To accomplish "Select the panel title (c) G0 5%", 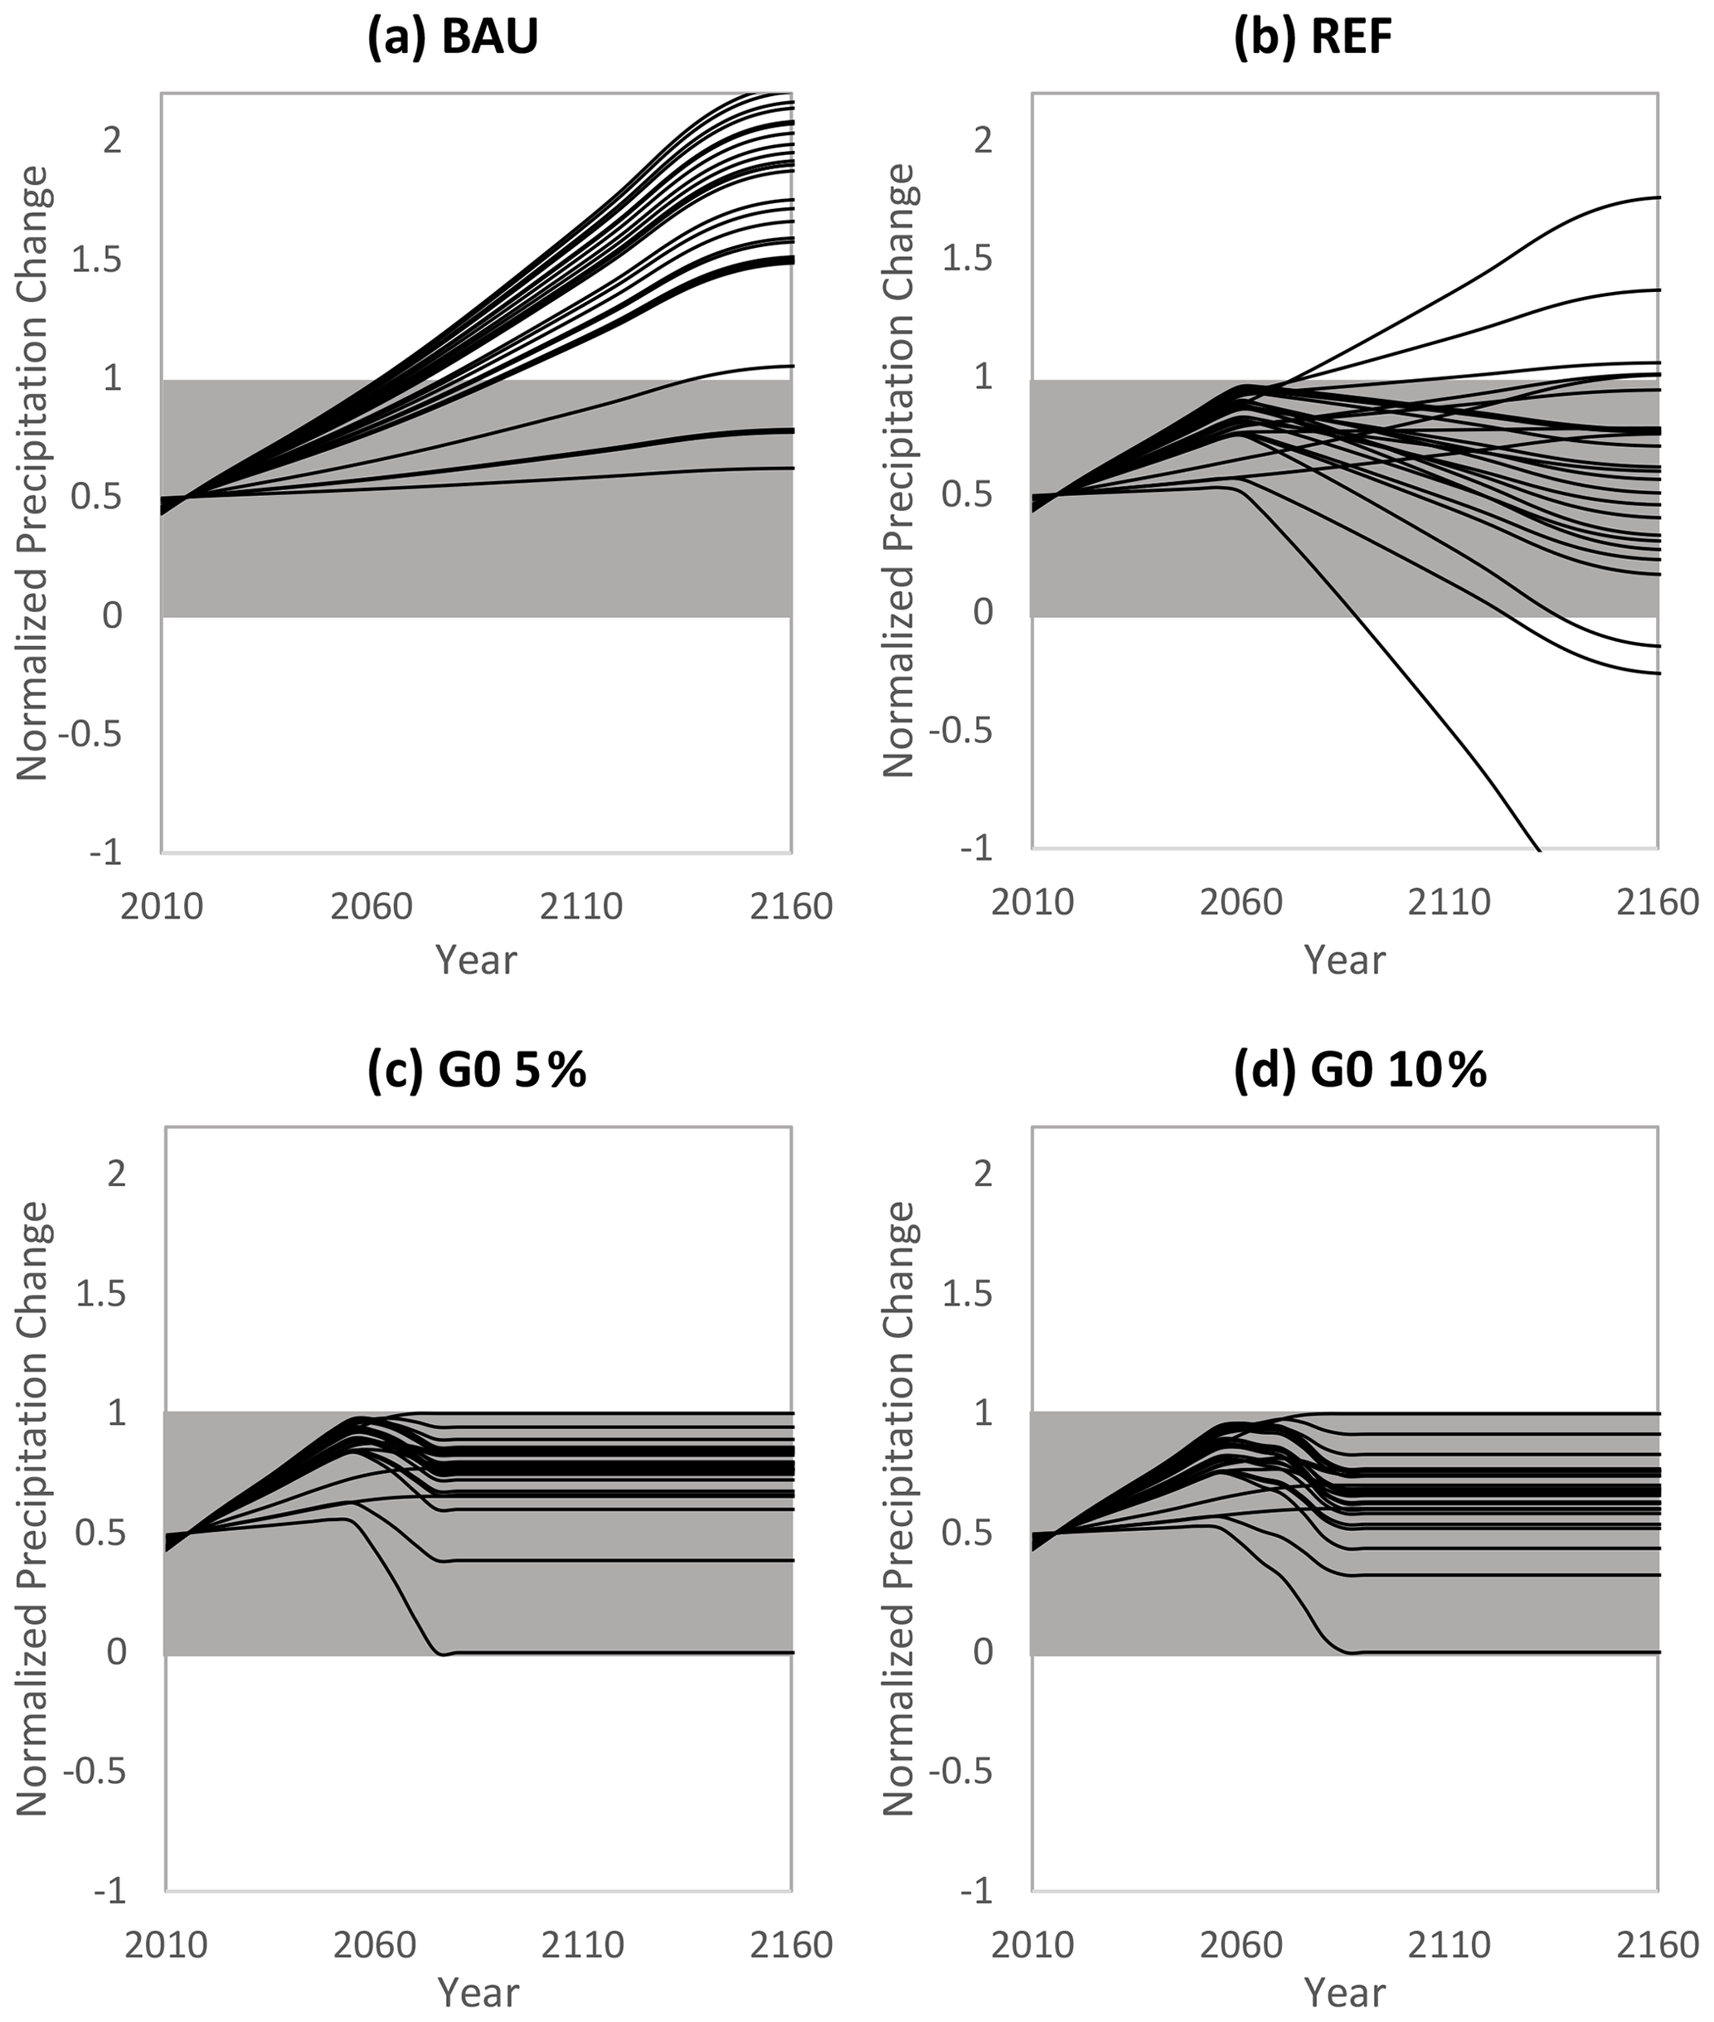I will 476,1071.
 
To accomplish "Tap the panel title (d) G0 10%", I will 1359,1071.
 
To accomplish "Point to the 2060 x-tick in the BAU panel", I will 371,906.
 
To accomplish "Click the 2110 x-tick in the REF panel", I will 1449,902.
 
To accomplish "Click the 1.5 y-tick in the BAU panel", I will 100,260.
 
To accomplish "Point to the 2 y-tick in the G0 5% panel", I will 117,1174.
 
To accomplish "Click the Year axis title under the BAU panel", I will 476,960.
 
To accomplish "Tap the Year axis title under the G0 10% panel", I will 1345,1992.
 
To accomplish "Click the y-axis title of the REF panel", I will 900,471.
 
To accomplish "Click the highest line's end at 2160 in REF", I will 1657,198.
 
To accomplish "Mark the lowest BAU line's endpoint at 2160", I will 791,469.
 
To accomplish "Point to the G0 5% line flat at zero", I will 622,1653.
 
